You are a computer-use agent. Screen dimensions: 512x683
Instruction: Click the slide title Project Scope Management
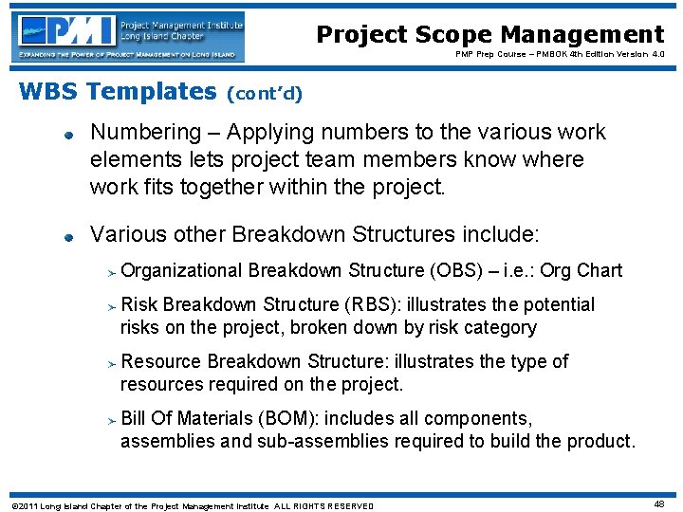point(489,35)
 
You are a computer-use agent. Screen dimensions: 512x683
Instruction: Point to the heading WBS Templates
point(118,92)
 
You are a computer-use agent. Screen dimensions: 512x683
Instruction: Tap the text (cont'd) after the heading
point(265,94)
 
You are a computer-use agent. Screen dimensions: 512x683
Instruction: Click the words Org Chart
point(581,271)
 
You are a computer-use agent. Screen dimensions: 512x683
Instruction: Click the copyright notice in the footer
point(190,505)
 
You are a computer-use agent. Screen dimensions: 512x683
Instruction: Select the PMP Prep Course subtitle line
point(548,55)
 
